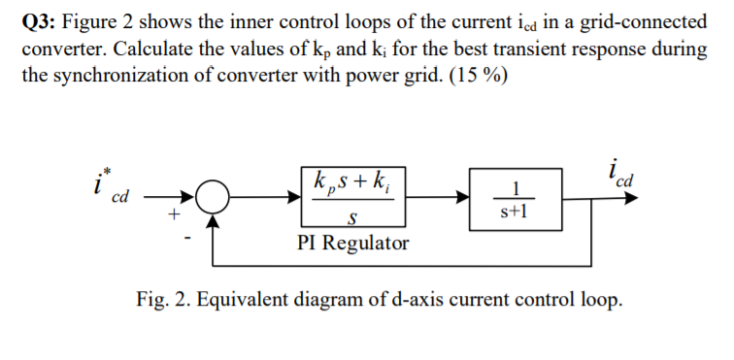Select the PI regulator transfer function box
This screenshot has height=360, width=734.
358,197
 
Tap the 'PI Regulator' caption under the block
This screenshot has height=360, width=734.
352,243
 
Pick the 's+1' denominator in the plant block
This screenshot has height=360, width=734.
516,210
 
